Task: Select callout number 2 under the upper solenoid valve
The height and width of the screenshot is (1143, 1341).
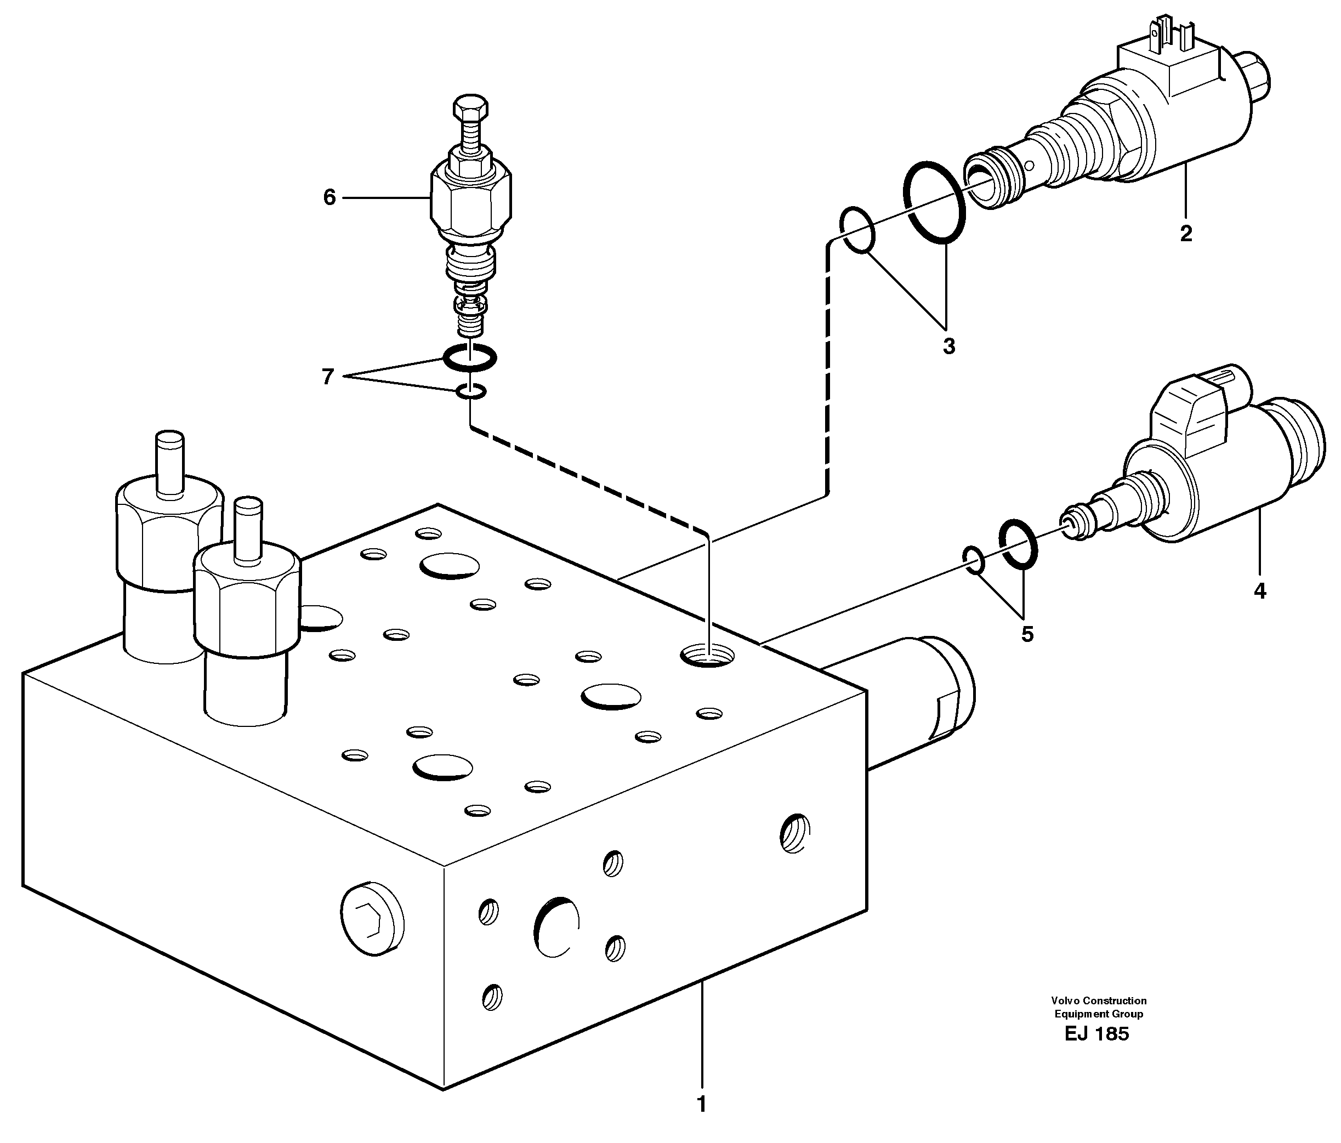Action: [1186, 234]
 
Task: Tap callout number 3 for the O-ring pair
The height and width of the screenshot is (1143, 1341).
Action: [949, 346]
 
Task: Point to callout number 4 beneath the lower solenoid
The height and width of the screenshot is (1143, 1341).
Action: [1259, 591]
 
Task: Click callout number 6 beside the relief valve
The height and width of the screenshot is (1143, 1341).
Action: [329, 197]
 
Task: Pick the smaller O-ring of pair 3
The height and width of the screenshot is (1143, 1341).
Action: [857, 229]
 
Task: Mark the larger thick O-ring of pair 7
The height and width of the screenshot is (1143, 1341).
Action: [470, 358]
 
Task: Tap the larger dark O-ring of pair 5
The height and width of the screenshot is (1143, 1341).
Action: [1018, 545]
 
